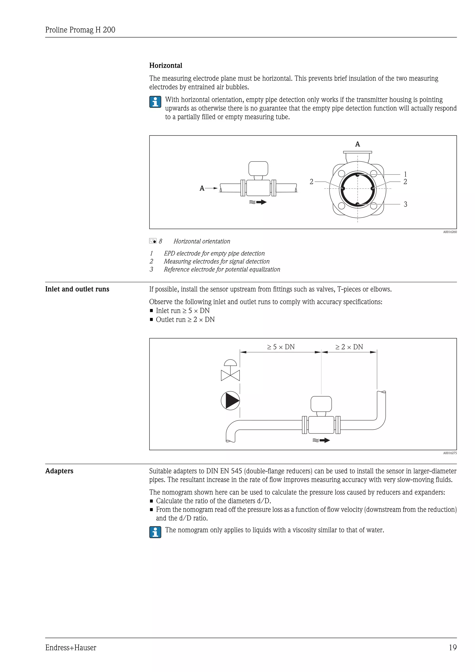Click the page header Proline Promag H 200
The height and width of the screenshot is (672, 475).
tap(80, 30)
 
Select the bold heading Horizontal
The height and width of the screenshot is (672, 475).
tap(166, 66)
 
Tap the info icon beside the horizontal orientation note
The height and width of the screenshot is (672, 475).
tap(155, 102)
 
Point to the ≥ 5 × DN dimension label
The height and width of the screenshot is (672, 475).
tap(281, 347)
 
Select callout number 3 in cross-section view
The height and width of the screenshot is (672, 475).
tap(405, 204)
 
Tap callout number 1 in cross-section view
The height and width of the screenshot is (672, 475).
tap(405, 174)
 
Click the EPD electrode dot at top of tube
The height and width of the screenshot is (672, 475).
tap(357, 175)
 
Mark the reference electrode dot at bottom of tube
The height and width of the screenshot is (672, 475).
tap(357, 204)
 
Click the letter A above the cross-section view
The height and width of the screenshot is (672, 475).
tap(357, 144)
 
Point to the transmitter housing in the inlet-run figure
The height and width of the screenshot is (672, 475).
tap(321, 404)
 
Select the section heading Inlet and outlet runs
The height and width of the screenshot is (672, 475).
tap(77, 289)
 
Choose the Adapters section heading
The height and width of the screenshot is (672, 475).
tap(59, 471)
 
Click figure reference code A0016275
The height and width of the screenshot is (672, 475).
tap(449, 453)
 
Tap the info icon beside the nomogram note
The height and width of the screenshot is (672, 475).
tap(155, 532)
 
